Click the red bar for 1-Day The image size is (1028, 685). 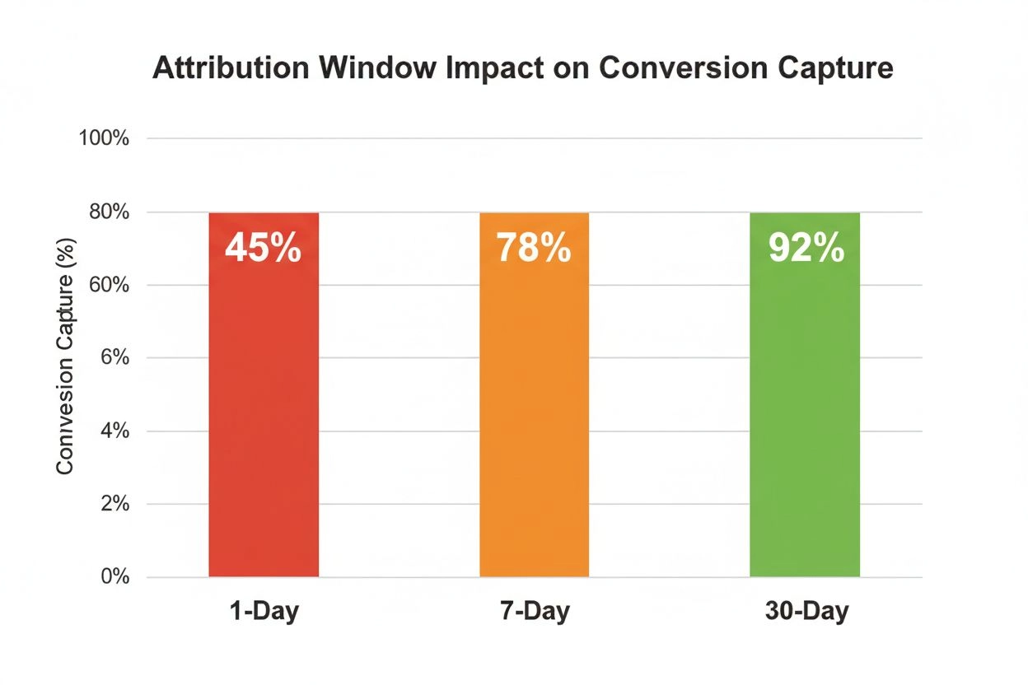click(264, 395)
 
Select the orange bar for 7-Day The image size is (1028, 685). click(535, 395)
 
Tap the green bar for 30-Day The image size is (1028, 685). click(805, 395)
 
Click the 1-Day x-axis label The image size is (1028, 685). click(264, 613)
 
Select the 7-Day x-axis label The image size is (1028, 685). click(535, 613)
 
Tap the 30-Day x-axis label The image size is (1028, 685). click(805, 613)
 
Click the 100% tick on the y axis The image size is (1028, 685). click(104, 138)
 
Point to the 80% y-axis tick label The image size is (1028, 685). click(107, 212)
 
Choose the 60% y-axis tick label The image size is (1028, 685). click(107, 285)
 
